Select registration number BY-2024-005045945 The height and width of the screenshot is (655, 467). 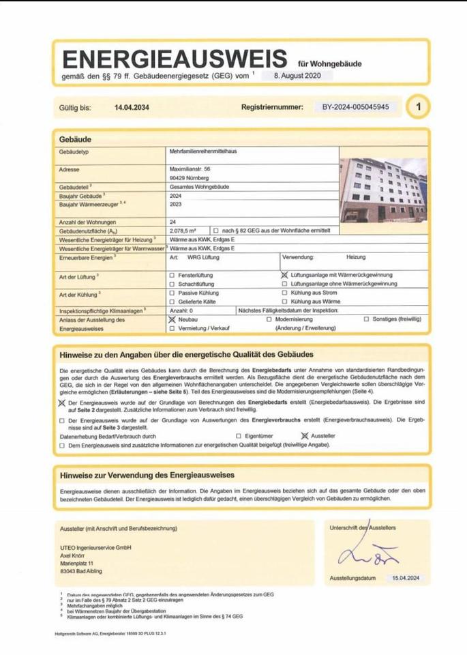pos(356,108)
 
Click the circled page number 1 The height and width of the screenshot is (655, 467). pos(419,107)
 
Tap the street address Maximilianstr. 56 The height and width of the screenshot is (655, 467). pos(190,168)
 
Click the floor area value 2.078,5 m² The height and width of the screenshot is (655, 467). pos(183,232)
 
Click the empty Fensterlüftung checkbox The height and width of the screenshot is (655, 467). pos(171,274)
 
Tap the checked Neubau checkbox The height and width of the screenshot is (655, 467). pos(171,319)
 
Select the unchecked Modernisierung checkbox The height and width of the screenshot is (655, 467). pos(269,319)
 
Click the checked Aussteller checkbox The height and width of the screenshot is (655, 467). pos(304,435)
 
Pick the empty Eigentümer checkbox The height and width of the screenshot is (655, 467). pos(238,435)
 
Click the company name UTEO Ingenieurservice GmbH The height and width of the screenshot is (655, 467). pos(95,548)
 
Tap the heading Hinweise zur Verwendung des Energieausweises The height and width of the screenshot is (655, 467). pos(147,475)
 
